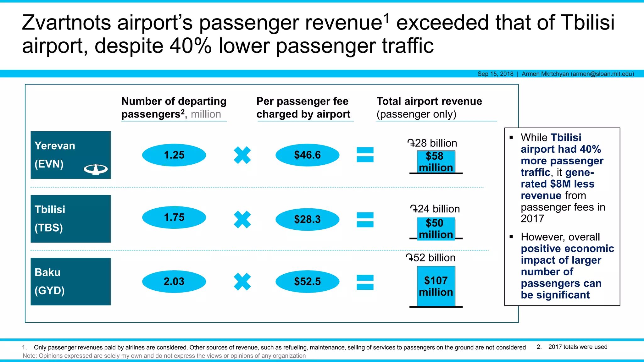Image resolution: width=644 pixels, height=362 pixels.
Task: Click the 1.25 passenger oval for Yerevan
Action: [174, 155]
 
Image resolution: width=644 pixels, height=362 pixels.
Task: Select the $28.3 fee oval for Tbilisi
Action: [307, 219]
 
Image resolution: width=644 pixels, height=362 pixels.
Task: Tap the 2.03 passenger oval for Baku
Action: [174, 281]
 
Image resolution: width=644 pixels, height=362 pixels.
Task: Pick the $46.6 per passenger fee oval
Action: [307, 155]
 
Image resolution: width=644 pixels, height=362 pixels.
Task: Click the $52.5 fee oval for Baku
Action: [307, 281]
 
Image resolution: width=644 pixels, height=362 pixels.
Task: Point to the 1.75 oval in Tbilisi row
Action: [174, 217]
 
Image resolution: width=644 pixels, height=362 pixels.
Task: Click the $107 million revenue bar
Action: [436, 286]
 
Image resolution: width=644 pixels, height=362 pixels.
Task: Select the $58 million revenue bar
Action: [436, 162]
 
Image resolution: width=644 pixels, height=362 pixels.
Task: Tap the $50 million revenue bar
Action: [436, 229]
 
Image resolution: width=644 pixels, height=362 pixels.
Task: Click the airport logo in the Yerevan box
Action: [96, 169]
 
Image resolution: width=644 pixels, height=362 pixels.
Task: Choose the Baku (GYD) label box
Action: [70, 281]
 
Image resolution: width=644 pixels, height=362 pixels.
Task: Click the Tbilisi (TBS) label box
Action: [70, 219]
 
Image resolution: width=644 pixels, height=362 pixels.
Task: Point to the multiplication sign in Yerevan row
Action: [242, 155]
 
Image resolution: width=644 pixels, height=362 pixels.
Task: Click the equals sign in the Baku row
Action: [365, 282]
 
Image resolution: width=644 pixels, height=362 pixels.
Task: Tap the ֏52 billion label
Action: [430, 258]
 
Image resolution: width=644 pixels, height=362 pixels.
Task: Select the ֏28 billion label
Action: [432, 143]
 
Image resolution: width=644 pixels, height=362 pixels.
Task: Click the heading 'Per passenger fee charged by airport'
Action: [303, 107]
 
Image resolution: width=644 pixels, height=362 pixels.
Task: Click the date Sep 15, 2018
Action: [495, 74]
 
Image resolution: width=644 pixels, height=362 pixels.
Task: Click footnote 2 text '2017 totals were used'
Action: [578, 347]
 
